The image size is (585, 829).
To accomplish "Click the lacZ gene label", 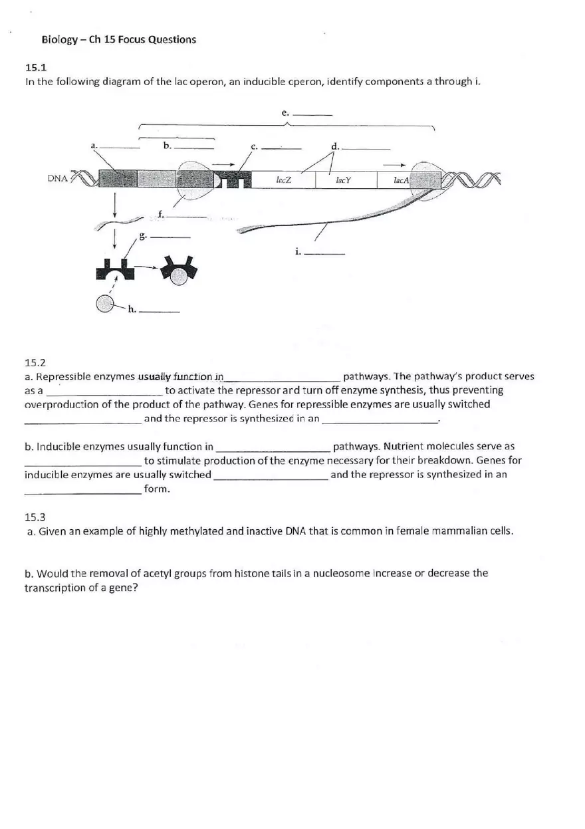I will (283, 179).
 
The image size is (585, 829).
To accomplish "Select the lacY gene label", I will (343, 179).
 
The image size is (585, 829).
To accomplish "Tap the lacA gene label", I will (401, 179).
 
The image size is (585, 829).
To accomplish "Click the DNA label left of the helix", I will (57, 178).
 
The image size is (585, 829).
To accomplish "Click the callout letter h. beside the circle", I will (132, 308).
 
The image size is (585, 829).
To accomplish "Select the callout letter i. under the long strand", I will (298, 251).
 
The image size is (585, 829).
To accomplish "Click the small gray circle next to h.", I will (105, 304).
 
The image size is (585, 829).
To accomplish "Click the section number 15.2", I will (35, 362).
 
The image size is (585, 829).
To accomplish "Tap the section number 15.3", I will (35, 517).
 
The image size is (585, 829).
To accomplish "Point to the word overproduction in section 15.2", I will (58, 404).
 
